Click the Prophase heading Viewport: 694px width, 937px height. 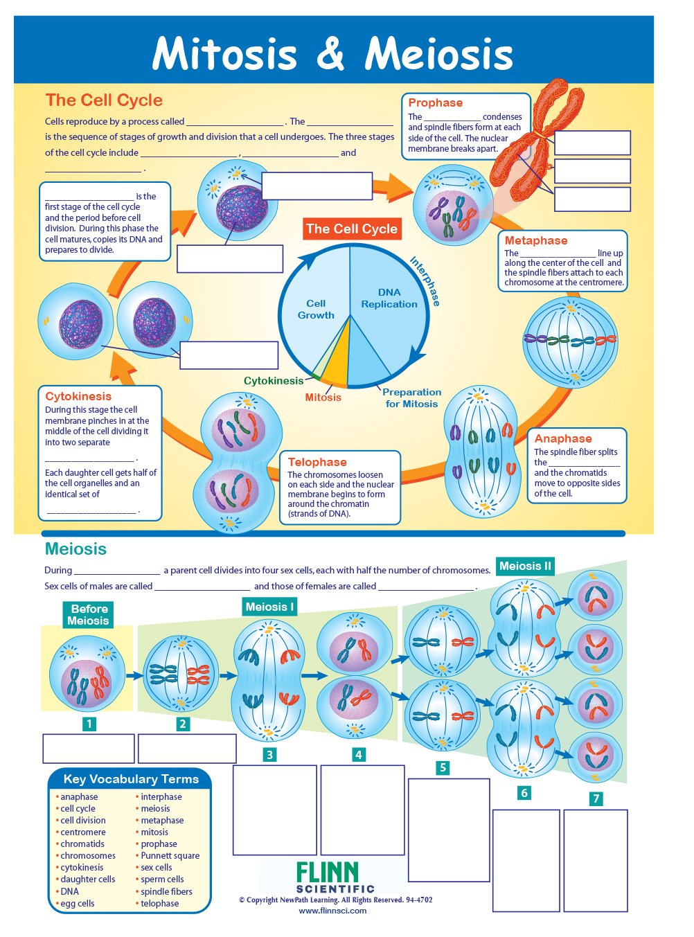(x=435, y=102)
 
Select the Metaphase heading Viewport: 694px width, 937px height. (x=535, y=240)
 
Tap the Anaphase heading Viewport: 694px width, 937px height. (x=562, y=438)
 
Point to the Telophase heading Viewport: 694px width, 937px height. (x=317, y=462)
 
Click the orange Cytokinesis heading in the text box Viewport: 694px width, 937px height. (x=78, y=396)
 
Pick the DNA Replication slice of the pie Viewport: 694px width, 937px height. (x=389, y=298)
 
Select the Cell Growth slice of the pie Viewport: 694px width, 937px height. (x=316, y=309)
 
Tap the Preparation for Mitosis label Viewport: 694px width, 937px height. (x=411, y=398)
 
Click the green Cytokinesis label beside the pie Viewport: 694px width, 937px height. (x=274, y=381)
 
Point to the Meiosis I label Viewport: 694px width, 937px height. (x=269, y=607)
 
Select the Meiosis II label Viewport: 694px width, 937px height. (x=525, y=566)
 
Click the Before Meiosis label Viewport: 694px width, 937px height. (x=89, y=614)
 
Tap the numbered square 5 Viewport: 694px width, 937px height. (x=443, y=767)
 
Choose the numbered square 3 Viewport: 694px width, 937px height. (x=270, y=755)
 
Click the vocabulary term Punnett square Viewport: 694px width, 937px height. (x=170, y=855)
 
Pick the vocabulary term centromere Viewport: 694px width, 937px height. (x=83, y=832)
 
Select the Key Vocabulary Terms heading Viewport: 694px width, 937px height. (x=130, y=779)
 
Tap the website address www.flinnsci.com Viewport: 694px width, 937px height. (x=332, y=911)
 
